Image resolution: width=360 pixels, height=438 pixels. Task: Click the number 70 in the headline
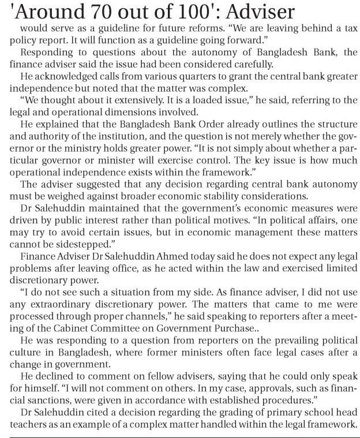click(x=86, y=12)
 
